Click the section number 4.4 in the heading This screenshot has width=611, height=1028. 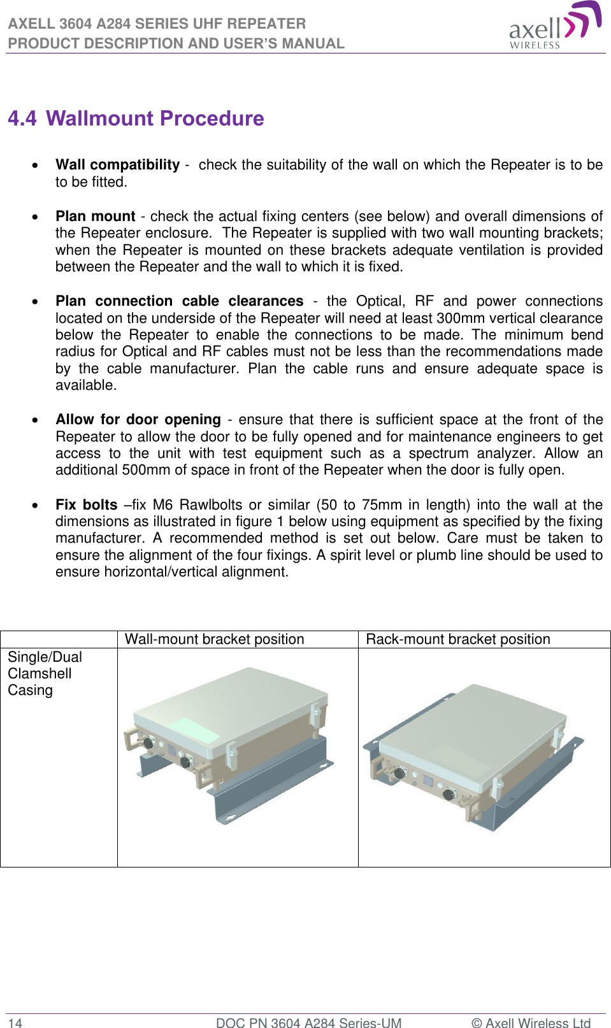click(x=22, y=118)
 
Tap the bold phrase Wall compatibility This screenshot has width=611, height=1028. click(x=117, y=165)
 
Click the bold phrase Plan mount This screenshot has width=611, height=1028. click(x=95, y=217)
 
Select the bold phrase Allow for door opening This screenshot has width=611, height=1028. click(x=138, y=420)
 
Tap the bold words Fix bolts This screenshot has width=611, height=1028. click(x=86, y=505)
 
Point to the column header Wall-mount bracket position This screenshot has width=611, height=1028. click(x=214, y=639)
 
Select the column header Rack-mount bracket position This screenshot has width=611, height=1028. click(x=457, y=639)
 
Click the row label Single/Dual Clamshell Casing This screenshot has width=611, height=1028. click(x=44, y=674)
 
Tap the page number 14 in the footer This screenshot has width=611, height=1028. click(x=15, y=1023)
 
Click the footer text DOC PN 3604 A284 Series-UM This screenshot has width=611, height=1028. click(x=308, y=1023)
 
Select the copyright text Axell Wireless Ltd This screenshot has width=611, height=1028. click(x=537, y=1023)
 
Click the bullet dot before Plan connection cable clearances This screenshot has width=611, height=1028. click(x=35, y=302)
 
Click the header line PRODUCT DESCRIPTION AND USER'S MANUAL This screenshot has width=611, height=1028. click(x=176, y=43)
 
